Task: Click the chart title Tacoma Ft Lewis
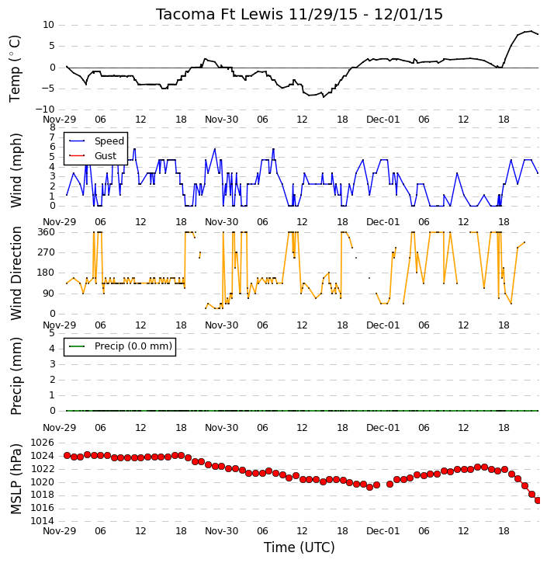pyautogui.click(x=220, y=14)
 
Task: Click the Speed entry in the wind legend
pyautogui.click(x=109, y=141)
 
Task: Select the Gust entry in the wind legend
pyautogui.click(x=106, y=156)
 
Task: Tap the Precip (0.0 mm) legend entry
pyautogui.click(x=133, y=346)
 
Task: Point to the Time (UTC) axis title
pyautogui.click(x=299, y=547)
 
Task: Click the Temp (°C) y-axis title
pyautogui.click(x=15, y=68)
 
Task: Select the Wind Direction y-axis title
pyautogui.click(x=16, y=273)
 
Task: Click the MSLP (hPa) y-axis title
pyautogui.click(x=16, y=479)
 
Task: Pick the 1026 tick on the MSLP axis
pyautogui.click(x=43, y=443)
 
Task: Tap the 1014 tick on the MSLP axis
pyautogui.click(x=43, y=521)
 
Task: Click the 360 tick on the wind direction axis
pyautogui.click(x=47, y=232)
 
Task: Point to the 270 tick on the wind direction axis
pyautogui.click(x=47, y=252)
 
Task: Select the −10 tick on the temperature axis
pyautogui.click(x=44, y=109)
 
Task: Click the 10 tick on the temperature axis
pyautogui.click(x=48, y=25)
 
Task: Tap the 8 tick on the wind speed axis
pyautogui.click(x=53, y=127)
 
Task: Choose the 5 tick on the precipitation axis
pyautogui.click(x=52, y=333)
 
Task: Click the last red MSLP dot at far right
pyautogui.click(x=538, y=501)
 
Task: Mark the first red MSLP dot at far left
pyautogui.click(x=67, y=456)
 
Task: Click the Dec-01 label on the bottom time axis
pyautogui.click(x=383, y=530)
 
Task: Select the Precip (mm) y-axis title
pyautogui.click(x=16, y=377)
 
